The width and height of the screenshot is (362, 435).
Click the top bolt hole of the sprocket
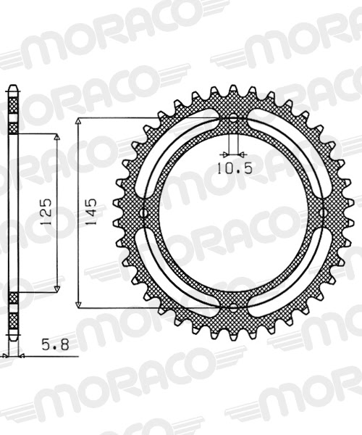[x=233, y=120]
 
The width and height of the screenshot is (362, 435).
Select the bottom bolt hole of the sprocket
[x=233, y=306]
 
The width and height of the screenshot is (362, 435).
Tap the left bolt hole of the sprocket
[x=142, y=213]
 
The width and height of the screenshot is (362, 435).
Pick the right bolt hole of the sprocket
[x=325, y=213]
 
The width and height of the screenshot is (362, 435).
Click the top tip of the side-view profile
[x=12, y=88]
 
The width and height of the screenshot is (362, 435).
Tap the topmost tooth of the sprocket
[x=233, y=91]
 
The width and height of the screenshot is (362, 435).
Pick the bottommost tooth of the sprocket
[x=233, y=336]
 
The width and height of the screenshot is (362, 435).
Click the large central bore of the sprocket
[x=233, y=213]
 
